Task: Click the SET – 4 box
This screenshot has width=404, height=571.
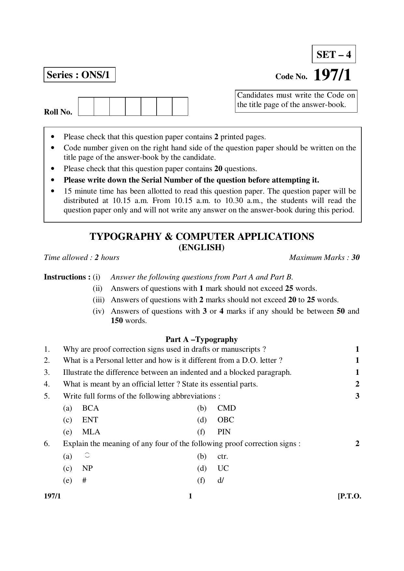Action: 334,54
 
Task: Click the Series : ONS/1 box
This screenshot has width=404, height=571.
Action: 79,75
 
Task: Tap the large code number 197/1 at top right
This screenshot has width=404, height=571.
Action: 332,75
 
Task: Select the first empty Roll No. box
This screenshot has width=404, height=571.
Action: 86,106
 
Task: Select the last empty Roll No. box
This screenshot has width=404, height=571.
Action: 180,106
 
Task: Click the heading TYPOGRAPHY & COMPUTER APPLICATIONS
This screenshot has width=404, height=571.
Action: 202,237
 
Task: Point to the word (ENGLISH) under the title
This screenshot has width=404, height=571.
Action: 202,248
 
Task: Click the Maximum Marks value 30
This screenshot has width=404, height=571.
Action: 355,258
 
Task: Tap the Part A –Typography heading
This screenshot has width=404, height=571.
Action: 202,339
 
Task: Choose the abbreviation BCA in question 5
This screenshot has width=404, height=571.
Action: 91,408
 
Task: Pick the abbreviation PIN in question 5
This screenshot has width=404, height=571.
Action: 224,432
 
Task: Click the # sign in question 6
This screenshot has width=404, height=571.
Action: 84,480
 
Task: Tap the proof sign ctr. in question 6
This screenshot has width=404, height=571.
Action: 223,456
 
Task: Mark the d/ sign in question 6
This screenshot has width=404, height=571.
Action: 221,480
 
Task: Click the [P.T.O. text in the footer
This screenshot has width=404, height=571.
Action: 349,496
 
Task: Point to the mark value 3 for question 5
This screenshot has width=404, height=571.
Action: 357,396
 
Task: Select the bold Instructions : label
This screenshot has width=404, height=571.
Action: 67,277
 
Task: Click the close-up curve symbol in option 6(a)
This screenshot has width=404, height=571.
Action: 87,455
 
